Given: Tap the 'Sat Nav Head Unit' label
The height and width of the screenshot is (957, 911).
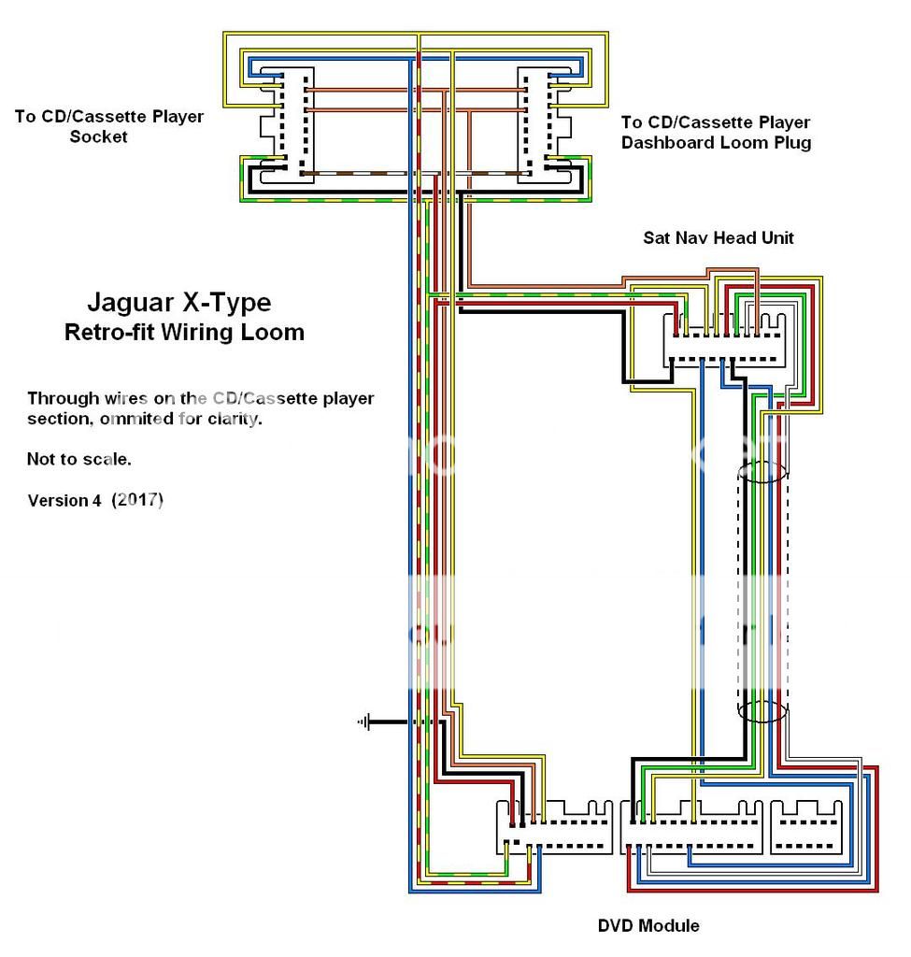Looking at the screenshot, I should (718, 237).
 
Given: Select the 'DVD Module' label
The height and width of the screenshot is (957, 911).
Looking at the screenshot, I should (648, 926).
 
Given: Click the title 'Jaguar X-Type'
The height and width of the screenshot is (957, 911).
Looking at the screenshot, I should (178, 303).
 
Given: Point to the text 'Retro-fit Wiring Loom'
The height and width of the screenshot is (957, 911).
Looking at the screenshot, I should (184, 332).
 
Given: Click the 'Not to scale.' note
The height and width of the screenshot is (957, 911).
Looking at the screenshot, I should (79, 460).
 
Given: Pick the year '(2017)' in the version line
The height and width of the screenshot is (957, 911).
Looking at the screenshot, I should (137, 500).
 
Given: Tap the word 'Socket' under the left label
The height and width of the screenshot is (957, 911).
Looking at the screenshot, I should (99, 136).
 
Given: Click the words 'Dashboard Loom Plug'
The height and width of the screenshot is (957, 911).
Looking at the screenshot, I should (716, 143).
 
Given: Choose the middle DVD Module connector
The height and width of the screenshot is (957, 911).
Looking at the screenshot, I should (691, 827).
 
